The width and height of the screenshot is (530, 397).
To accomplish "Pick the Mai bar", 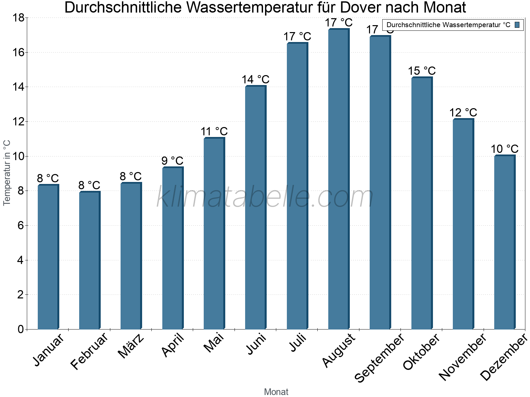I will [x=214, y=234].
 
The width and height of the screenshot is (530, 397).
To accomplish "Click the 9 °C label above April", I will [x=172, y=161].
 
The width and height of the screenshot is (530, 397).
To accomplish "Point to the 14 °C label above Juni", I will [x=255, y=80].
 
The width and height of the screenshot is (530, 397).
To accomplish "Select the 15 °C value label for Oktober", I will [x=421, y=71].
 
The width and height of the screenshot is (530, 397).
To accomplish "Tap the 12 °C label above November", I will [x=463, y=113].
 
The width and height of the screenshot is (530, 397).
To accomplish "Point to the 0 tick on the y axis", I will [x=21, y=329].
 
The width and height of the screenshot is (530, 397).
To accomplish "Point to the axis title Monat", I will [x=276, y=392].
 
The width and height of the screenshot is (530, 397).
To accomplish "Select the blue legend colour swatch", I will [x=517, y=25].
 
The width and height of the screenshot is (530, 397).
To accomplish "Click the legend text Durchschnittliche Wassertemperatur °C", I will [x=448, y=25].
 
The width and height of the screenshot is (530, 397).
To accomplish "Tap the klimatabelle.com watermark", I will [x=265, y=197].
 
